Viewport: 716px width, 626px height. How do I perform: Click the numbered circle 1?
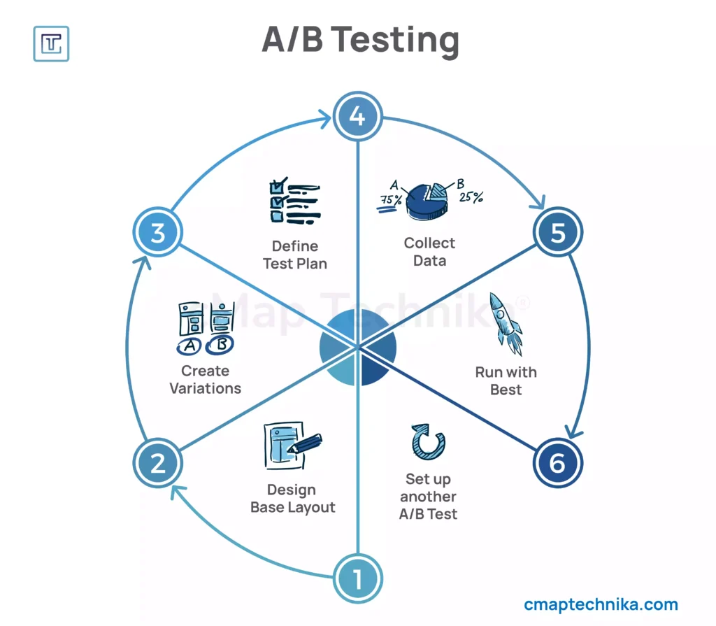click(x=357, y=578)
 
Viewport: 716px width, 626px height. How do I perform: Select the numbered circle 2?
click(x=157, y=463)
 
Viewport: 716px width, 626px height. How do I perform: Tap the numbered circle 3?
click(x=157, y=232)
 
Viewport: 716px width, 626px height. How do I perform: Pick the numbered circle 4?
click(x=357, y=116)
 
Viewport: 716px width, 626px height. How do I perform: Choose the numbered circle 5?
click(x=557, y=233)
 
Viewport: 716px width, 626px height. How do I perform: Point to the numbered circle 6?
click(x=557, y=463)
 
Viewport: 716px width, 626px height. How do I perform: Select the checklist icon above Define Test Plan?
click(x=294, y=202)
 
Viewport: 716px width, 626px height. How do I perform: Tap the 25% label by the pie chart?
click(x=471, y=197)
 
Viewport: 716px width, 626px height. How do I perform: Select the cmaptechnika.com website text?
click(x=601, y=604)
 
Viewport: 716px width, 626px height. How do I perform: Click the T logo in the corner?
click(x=51, y=43)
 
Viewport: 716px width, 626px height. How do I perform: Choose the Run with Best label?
click(x=506, y=380)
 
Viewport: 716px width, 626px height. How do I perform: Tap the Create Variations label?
click(x=206, y=379)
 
